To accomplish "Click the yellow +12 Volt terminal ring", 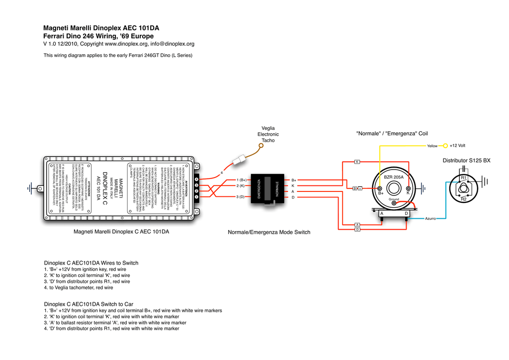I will coord(445,146).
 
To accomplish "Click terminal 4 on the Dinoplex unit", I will coord(196,180).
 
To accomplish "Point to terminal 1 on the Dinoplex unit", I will coord(196,197).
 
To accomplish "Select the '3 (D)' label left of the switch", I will coord(241,197).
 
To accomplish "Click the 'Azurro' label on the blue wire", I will coord(430,218).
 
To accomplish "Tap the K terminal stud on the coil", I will coord(408,189).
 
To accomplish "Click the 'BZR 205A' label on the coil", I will coord(394,177).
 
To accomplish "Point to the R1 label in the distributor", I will coord(463,178).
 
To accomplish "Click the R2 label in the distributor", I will coord(464,199).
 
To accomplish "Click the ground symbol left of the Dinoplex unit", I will coord(34,188).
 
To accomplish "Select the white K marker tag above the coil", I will coord(357,162).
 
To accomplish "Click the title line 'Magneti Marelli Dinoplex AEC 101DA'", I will coord(104,28).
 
